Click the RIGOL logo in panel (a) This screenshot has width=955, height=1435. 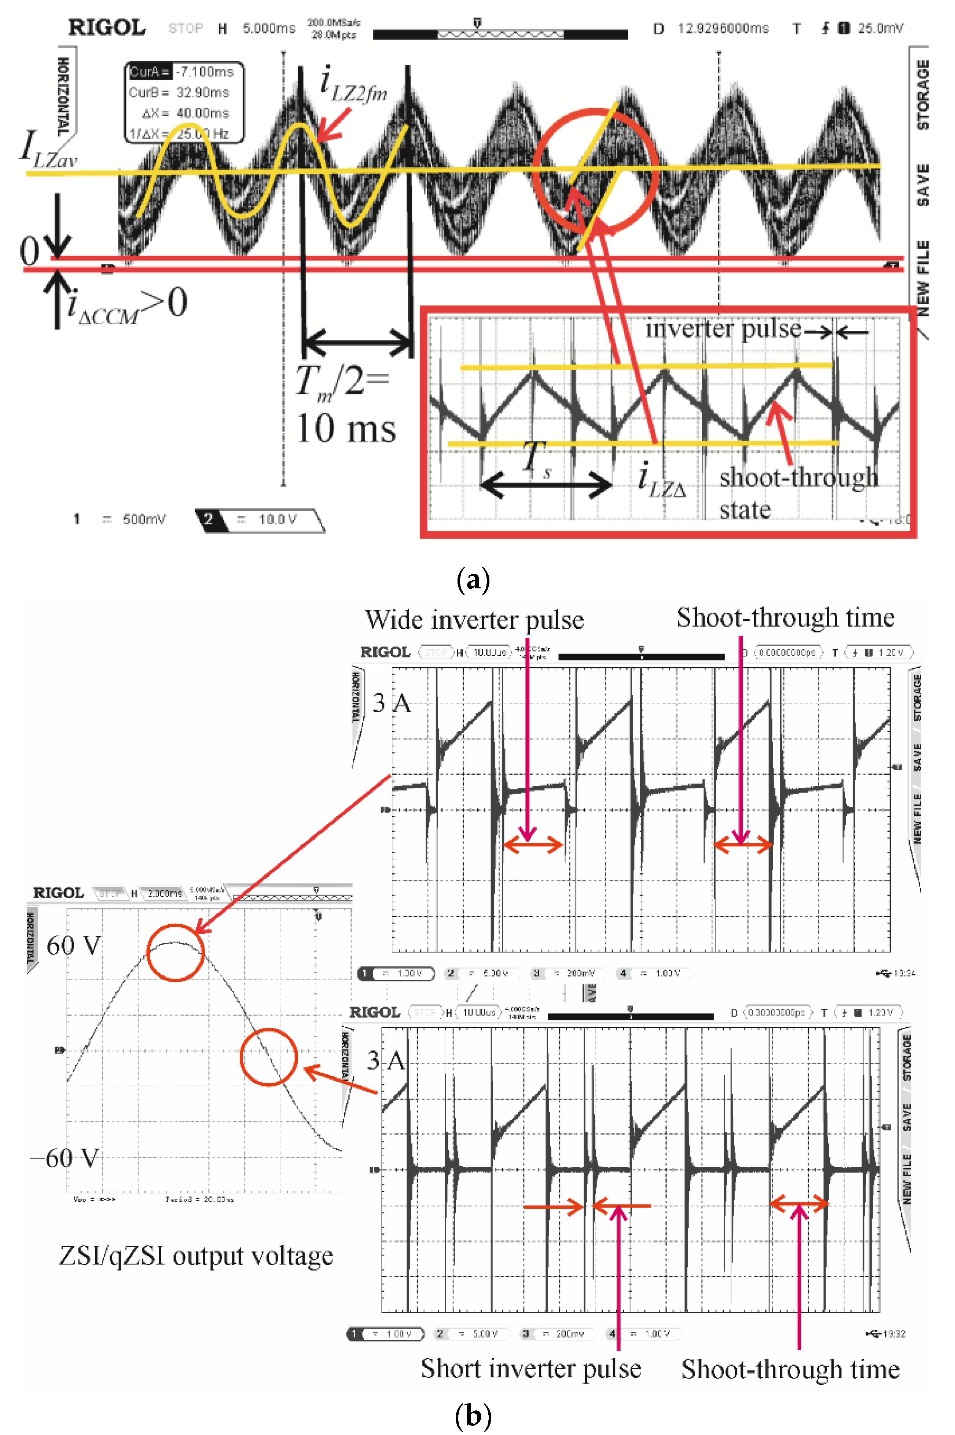click(107, 28)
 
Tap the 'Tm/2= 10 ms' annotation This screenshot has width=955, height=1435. click(345, 405)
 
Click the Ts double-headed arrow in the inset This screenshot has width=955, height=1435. click(546, 485)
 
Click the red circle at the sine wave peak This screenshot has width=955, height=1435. click(175, 952)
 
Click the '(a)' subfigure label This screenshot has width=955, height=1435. click(473, 580)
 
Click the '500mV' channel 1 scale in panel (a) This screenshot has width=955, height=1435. click(144, 519)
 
